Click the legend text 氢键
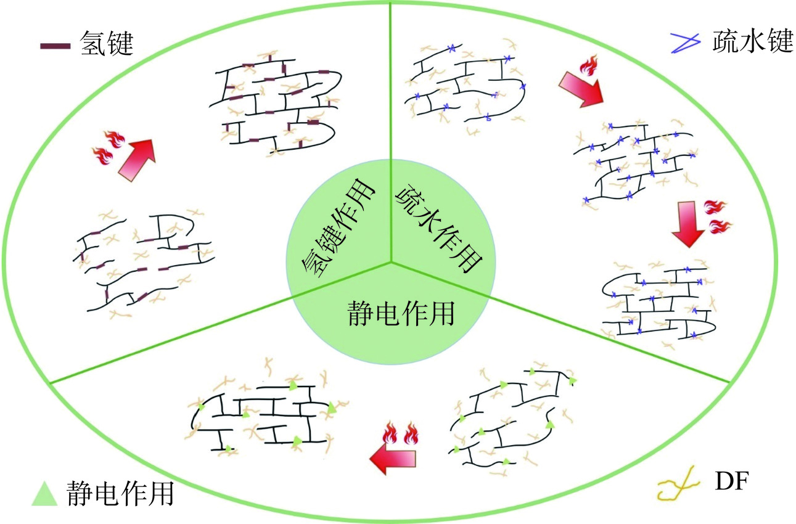click(x=107, y=45)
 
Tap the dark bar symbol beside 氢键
click(x=55, y=46)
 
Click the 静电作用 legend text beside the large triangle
click(x=119, y=493)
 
